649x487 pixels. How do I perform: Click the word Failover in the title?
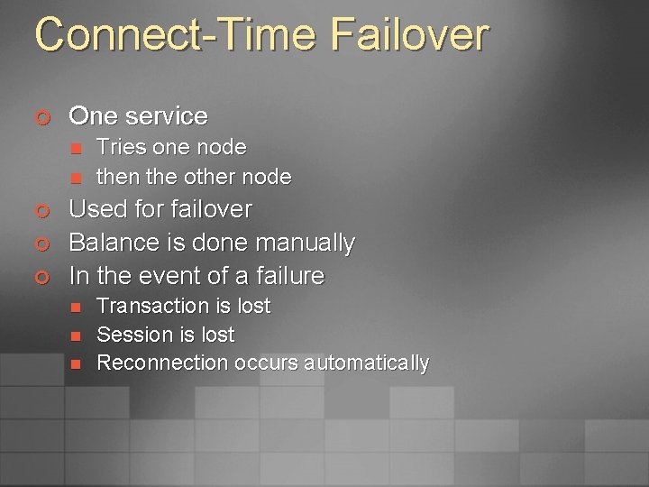coord(410,35)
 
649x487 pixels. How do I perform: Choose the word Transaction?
coord(151,307)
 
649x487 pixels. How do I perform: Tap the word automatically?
coord(366,363)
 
